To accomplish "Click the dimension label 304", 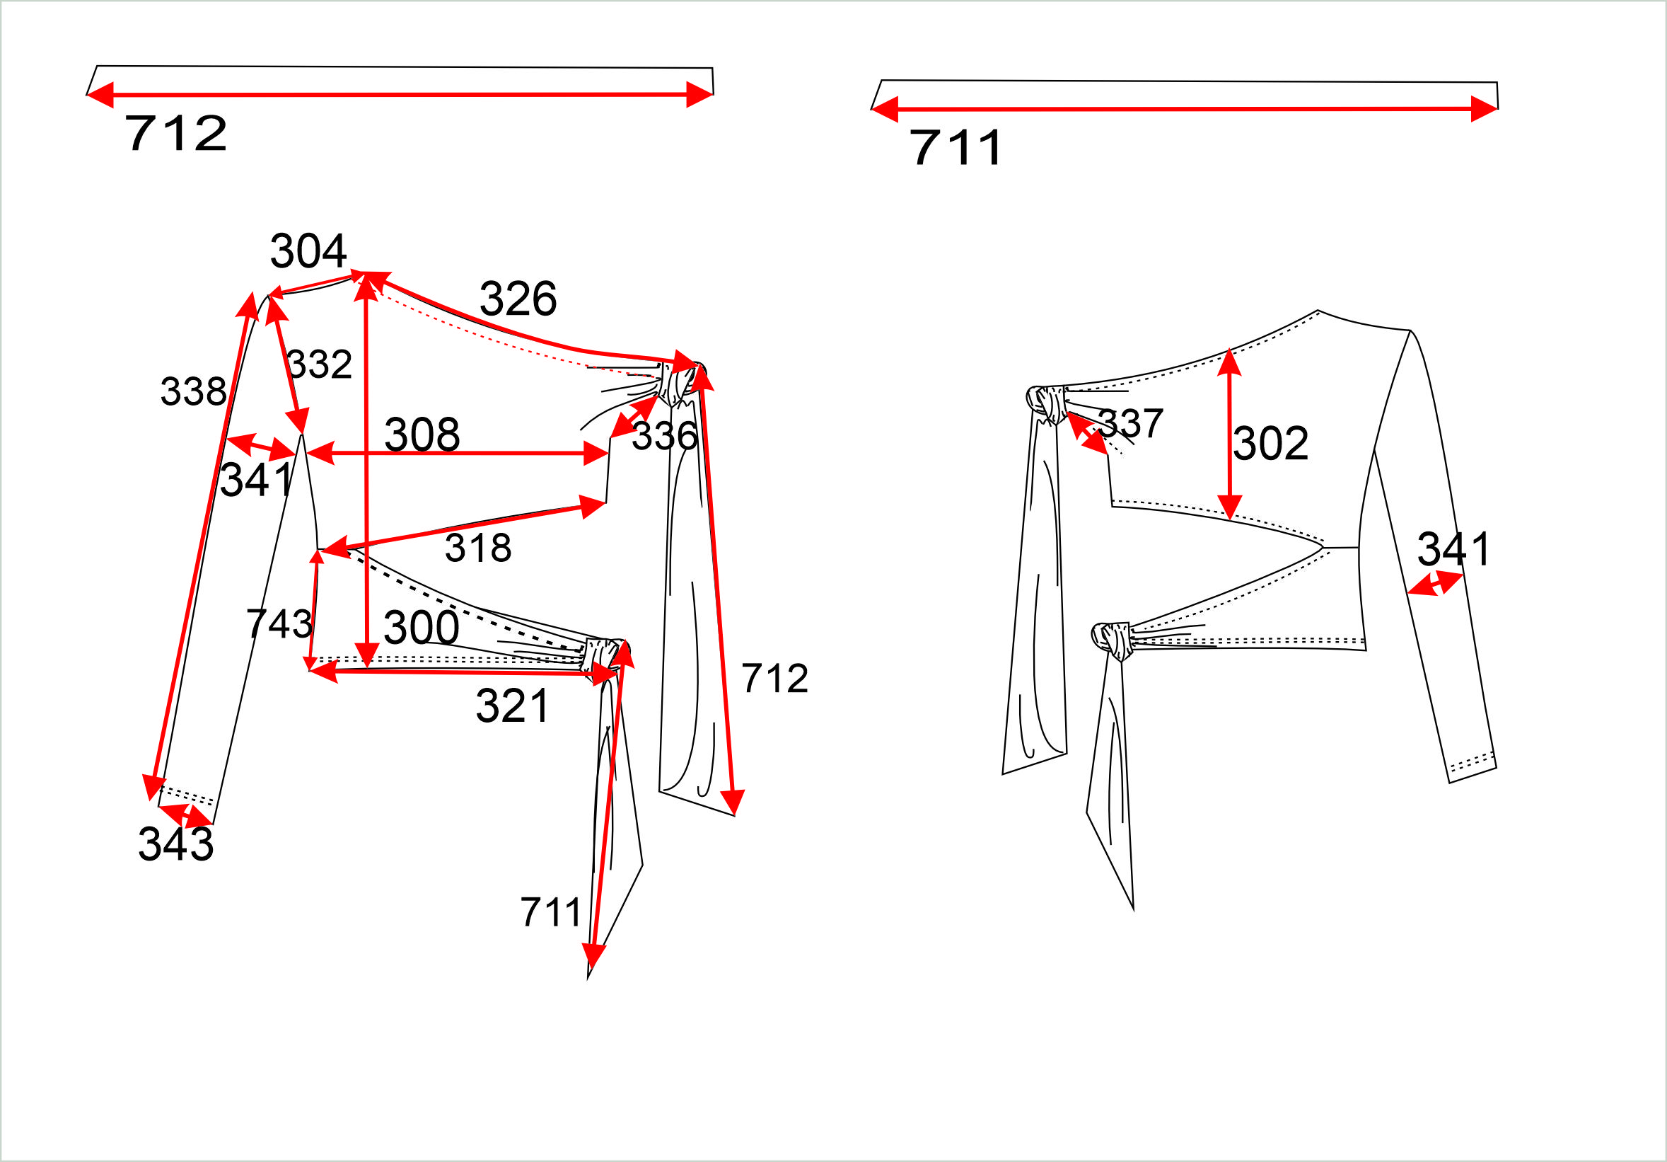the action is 308,251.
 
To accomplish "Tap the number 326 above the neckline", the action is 518,299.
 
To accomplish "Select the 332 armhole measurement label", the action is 320,364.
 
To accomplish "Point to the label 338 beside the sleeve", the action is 193,391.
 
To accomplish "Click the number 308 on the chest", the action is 422,435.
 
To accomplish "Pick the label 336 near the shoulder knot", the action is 664,436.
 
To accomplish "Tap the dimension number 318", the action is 477,548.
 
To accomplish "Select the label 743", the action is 279,623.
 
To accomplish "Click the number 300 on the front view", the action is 421,628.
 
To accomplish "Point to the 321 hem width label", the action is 513,706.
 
